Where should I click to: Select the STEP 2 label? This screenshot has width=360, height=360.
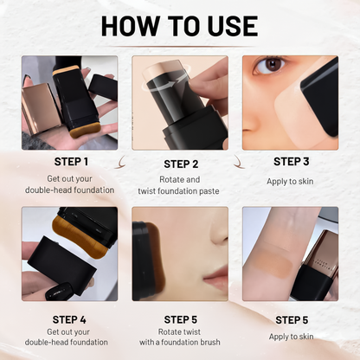click(180, 164)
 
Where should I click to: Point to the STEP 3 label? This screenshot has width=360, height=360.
click(290, 161)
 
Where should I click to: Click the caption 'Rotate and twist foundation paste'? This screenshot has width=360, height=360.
click(180, 185)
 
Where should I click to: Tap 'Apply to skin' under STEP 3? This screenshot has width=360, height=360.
click(290, 181)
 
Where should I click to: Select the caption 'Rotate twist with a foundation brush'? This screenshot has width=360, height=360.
click(180, 340)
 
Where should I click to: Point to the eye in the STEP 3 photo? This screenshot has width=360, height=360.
click(273, 66)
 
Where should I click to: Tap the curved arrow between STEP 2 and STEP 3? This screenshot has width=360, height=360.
click(236, 158)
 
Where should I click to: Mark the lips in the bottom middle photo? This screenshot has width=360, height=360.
click(215, 278)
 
